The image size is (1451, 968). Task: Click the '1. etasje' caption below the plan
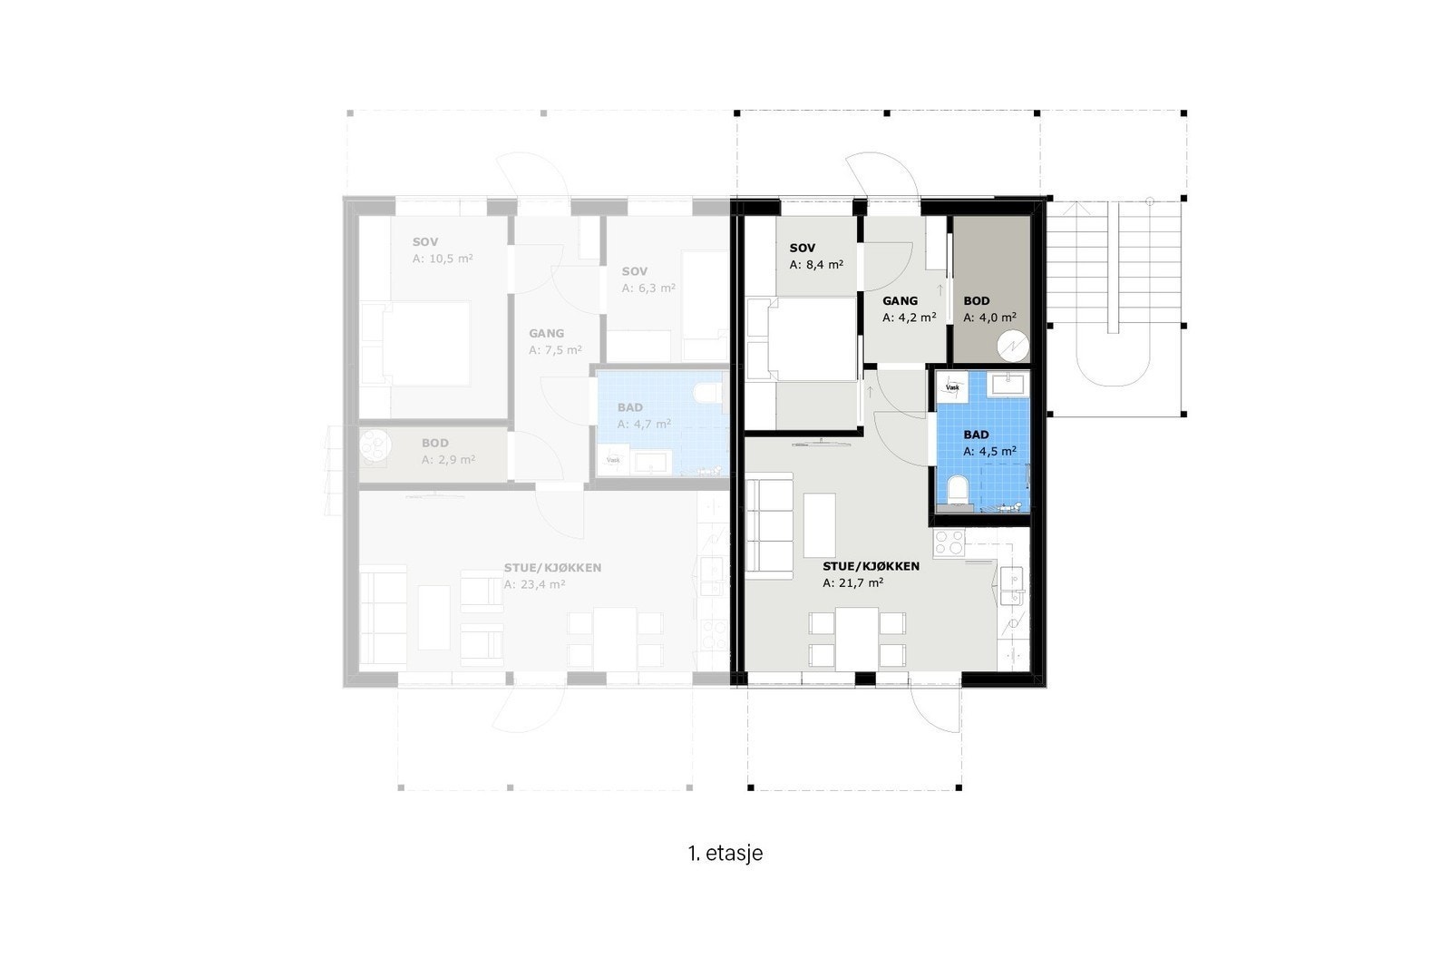(x=725, y=854)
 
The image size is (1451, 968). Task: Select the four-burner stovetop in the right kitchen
(x=949, y=543)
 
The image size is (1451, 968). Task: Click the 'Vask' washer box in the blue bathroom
(x=952, y=386)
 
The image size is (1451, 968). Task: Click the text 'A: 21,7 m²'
(x=853, y=583)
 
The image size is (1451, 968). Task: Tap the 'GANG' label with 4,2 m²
(x=900, y=301)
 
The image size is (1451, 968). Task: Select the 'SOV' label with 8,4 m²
(x=803, y=248)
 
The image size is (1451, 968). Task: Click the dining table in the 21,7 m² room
(x=857, y=639)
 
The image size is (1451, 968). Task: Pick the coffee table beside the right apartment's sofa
(x=820, y=525)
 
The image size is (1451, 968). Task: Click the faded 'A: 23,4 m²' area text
(x=535, y=585)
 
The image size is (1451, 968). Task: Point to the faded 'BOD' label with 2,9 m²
(x=435, y=444)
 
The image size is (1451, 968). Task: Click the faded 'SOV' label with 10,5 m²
(x=426, y=242)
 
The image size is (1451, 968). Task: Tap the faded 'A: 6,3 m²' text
(x=648, y=288)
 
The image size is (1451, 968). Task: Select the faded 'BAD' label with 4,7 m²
(x=630, y=408)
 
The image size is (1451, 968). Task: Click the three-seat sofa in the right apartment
(x=766, y=527)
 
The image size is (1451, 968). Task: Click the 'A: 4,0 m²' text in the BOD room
(x=989, y=318)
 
